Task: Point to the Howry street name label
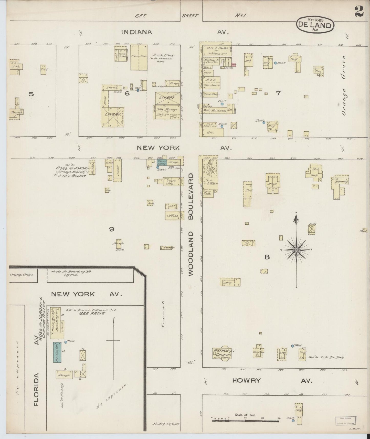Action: pyautogui.click(x=246, y=380)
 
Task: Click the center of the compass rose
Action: pyautogui.click(x=296, y=250)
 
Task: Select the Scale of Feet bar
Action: pyautogui.click(x=245, y=420)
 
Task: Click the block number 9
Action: pyautogui.click(x=112, y=229)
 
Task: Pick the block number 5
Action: pyautogui.click(x=31, y=94)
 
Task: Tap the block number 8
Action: pyautogui.click(x=267, y=257)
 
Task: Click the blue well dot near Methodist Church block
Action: pyautogui.click(x=293, y=346)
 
